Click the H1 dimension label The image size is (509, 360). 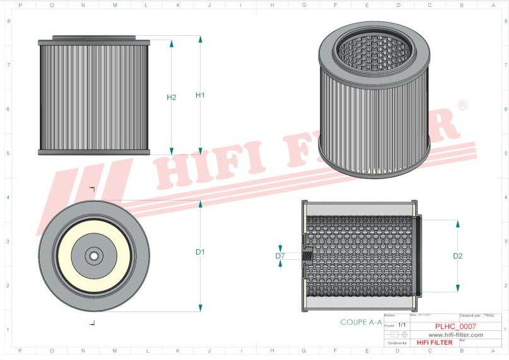(200, 95)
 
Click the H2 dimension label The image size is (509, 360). (172, 97)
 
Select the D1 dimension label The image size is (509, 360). (200, 252)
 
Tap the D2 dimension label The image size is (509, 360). (458, 256)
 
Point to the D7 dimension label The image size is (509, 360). (280, 256)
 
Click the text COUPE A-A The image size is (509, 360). (361, 322)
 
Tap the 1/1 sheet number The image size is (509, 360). (402, 325)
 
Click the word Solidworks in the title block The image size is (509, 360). (397, 343)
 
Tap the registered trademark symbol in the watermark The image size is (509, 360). (462, 105)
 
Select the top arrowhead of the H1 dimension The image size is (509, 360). (201, 39)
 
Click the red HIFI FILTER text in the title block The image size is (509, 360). (435, 343)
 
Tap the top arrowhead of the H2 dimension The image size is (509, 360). (172, 44)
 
